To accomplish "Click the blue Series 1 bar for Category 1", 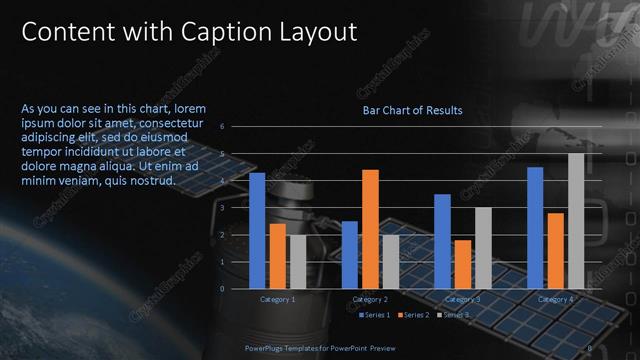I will [257, 231].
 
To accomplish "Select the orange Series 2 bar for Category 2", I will [370, 229].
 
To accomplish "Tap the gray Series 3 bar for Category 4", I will [576, 221].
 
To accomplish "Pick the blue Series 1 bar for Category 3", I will [442, 241].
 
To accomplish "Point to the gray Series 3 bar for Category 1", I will [297, 261].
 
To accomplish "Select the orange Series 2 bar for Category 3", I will [463, 264].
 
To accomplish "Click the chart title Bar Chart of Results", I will [412, 110].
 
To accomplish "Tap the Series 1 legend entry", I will [373, 315].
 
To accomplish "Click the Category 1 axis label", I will [277, 299].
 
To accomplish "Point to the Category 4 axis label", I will [556, 299].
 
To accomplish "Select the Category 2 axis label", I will [370, 299].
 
